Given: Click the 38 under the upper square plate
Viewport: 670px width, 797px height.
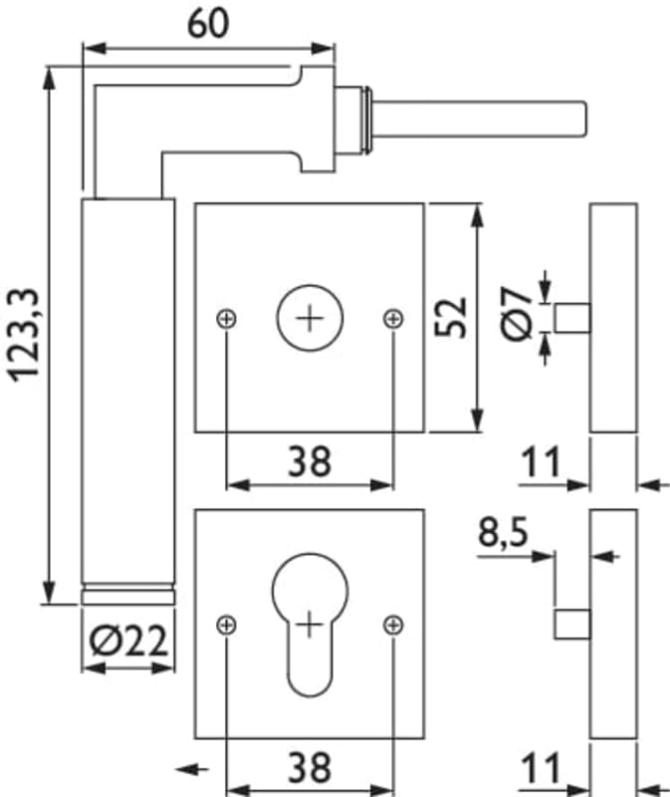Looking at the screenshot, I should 310,460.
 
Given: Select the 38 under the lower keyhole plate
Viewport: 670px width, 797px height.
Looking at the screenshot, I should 310,767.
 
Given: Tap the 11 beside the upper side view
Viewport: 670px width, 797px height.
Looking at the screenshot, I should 541,462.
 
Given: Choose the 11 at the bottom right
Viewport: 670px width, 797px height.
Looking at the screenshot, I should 541,768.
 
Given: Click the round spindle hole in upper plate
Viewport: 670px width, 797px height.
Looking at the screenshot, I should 310,319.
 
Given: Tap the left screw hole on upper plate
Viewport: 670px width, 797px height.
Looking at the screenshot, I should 227,319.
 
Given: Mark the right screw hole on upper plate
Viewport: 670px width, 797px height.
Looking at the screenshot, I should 393,319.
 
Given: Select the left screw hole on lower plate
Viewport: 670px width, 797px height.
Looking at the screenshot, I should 227,625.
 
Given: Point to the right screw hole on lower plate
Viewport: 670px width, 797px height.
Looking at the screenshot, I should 393,625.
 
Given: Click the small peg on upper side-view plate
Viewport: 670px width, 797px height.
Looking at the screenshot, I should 571,318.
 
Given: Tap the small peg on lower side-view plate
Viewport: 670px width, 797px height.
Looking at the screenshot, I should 571,625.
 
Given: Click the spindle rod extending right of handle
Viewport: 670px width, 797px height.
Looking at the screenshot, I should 478,121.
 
